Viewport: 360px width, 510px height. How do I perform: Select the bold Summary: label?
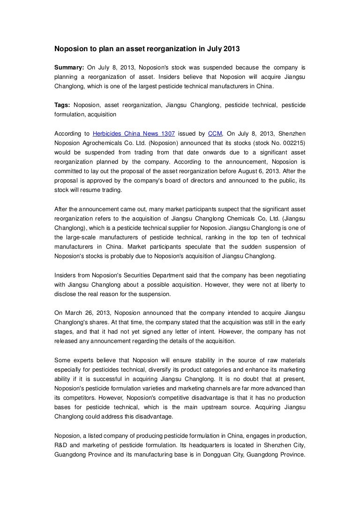click(69, 68)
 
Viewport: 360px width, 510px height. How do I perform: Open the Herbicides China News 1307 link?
click(134, 133)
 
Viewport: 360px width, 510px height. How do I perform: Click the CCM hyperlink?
click(215, 133)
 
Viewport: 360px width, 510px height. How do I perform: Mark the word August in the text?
click(249, 171)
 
